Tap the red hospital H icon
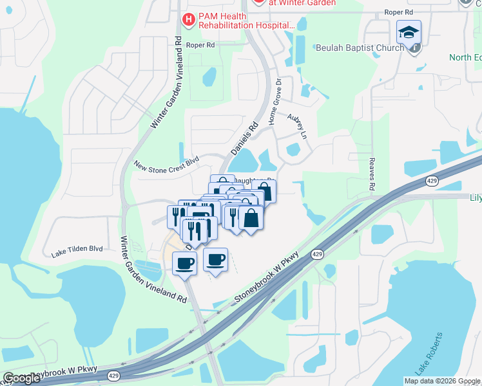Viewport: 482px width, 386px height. click(188, 20)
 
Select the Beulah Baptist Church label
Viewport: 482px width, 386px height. click(360, 47)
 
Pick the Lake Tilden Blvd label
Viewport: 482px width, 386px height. click(77, 248)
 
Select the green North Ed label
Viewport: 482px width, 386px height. click(465, 57)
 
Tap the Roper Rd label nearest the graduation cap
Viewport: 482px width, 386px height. click(398, 12)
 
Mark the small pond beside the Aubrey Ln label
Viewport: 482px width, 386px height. click(293, 149)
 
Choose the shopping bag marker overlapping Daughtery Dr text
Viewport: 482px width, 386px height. click(264, 192)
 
